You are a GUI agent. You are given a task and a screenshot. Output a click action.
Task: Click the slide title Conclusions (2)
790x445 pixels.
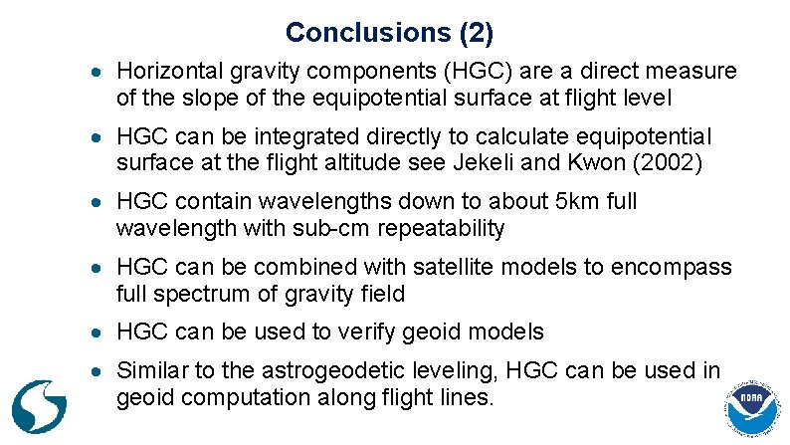(x=389, y=33)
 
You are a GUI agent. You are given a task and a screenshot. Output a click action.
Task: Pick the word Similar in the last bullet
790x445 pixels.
(x=151, y=371)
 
